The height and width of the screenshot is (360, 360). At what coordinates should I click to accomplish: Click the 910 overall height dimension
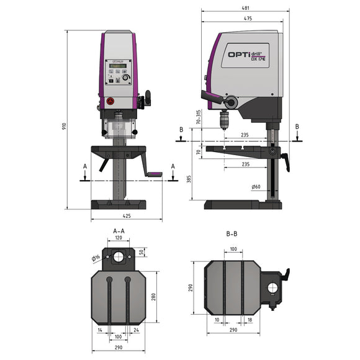click(64, 125)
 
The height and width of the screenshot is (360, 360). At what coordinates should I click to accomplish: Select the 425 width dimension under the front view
click(126, 216)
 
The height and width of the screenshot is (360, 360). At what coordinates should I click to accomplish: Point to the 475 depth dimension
click(247, 19)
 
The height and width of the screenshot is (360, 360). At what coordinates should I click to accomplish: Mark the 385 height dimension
click(197, 178)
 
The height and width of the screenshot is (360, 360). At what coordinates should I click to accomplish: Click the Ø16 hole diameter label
click(96, 258)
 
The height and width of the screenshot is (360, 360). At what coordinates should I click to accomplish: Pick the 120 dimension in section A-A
click(118, 238)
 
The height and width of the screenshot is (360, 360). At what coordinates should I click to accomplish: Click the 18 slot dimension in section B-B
click(249, 320)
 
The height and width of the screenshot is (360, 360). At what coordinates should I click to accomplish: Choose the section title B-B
click(232, 235)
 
